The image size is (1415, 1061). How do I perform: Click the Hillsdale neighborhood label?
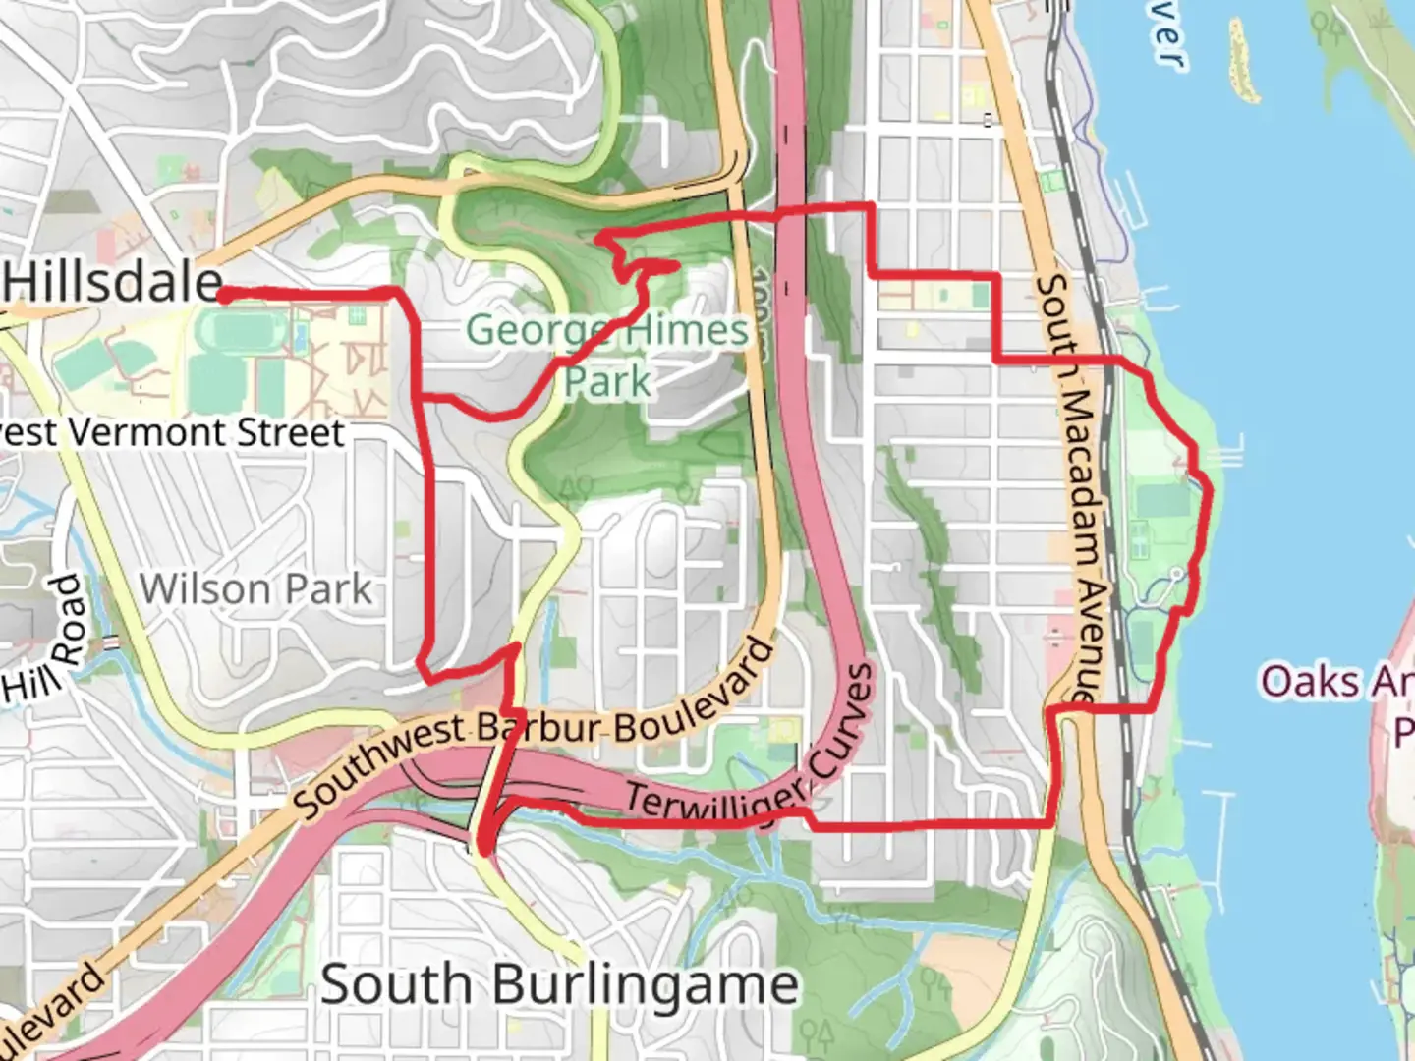[114, 283]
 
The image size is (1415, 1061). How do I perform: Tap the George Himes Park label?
[607, 355]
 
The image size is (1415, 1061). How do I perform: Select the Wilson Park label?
[255, 589]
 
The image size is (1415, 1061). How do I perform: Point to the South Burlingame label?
[559, 983]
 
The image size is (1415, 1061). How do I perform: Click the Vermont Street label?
[172, 432]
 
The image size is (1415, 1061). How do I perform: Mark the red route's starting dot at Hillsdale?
[224, 294]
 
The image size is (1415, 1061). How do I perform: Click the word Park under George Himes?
[607, 381]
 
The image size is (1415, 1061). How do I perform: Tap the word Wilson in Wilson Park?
[203, 589]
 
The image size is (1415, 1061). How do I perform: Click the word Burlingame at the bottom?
[644, 983]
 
